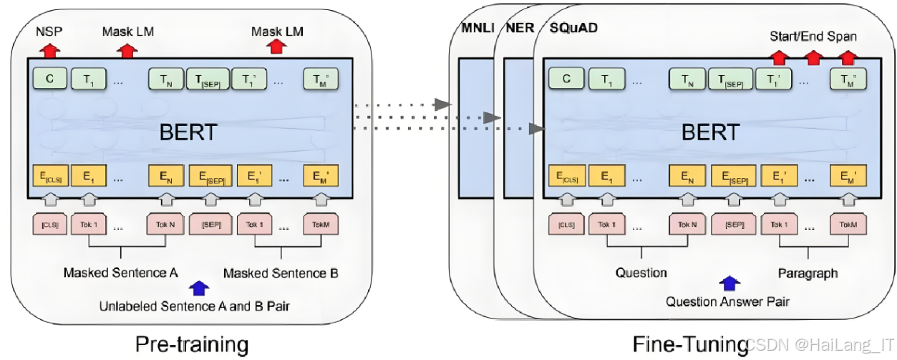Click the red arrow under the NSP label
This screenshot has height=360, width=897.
(49, 50)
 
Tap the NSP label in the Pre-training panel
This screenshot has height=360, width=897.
(49, 31)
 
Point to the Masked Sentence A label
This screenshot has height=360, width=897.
(120, 273)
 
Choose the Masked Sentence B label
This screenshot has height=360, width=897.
(281, 273)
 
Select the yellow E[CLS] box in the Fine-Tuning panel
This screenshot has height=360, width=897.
(566, 175)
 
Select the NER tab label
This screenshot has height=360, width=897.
(519, 29)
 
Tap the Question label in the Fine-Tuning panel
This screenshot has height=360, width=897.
(641, 273)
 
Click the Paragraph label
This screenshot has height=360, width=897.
(808, 273)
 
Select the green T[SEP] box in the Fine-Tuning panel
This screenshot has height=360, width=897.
(729, 79)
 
